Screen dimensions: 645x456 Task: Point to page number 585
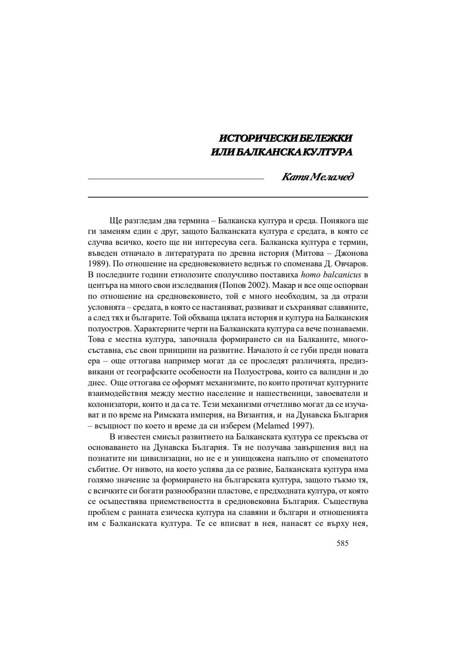point(342,543)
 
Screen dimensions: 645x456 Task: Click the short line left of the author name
point(176,179)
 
